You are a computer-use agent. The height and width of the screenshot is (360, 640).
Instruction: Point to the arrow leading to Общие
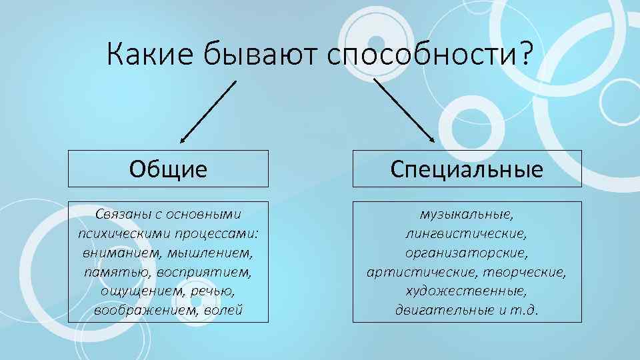click(208, 111)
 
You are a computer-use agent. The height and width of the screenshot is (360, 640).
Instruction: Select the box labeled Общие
click(169, 169)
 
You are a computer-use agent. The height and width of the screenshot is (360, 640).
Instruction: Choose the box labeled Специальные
click(467, 169)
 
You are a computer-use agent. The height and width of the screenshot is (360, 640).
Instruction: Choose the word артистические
click(417, 273)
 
